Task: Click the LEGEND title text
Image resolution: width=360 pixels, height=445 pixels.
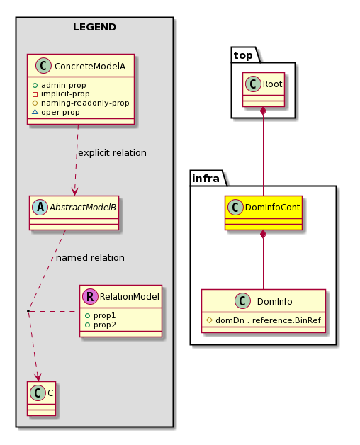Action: click(94, 27)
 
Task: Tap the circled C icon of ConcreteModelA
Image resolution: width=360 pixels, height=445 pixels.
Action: click(43, 66)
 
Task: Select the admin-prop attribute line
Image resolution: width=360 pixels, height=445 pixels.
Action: click(60, 85)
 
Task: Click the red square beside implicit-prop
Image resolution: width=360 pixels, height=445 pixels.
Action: click(35, 94)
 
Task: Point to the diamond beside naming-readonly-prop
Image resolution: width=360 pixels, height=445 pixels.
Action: click(35, 103)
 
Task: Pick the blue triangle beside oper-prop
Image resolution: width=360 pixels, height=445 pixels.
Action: click(35, 112)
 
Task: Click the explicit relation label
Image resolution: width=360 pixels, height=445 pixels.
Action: click(113, 153)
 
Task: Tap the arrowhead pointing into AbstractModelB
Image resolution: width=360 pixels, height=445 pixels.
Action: click(74, 192)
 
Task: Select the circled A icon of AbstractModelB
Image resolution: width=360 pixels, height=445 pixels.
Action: click(40, 207)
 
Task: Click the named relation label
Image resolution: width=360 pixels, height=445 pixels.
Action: click(90, 258)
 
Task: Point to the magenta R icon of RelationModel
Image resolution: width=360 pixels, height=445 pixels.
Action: click(90, 296)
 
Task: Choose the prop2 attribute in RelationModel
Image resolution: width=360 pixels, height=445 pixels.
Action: click(101, 325)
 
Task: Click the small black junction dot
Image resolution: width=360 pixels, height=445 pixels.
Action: click(28, 311)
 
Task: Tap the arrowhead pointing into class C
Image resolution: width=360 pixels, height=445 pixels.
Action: click(38, 378)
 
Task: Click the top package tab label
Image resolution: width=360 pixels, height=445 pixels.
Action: click(243, 55)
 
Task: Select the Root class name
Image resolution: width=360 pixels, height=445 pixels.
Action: click(273, 84)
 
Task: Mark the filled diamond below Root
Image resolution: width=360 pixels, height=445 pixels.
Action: click(264, 111)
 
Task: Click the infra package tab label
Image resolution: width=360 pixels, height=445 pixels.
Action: click(206, 179)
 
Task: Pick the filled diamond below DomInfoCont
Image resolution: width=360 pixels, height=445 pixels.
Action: click(264, 234)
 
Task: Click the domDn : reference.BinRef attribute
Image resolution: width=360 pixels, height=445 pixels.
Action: click(264, 320)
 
